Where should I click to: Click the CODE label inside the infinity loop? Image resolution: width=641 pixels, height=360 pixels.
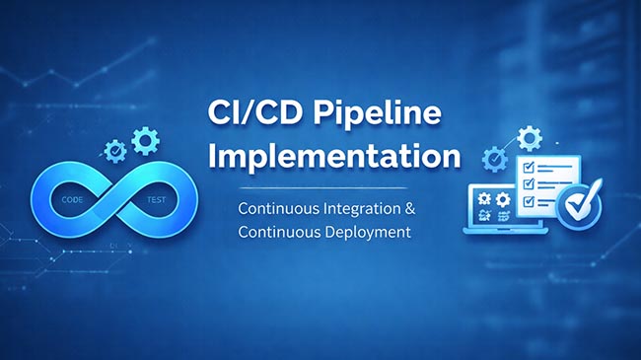(72, 198)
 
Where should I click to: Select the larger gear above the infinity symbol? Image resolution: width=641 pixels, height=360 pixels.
(145, 142)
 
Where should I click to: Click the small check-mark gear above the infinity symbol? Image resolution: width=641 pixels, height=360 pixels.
(115, 151)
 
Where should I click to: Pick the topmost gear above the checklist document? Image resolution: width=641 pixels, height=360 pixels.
(529, 136)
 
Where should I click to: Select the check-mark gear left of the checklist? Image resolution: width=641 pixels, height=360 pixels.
(493, 158)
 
